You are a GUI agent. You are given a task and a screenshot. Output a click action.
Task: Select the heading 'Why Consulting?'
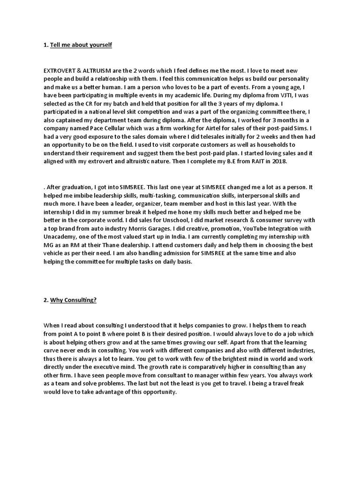pyautogui.click(x=73, y=300)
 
